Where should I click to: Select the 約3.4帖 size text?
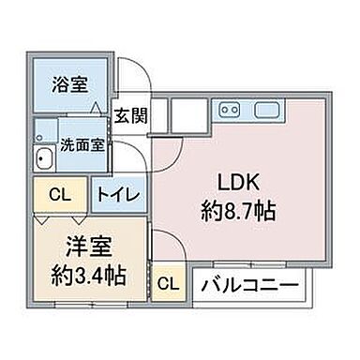point(90,277)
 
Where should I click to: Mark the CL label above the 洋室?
point(58,195)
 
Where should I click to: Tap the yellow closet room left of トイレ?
point(58,195)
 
